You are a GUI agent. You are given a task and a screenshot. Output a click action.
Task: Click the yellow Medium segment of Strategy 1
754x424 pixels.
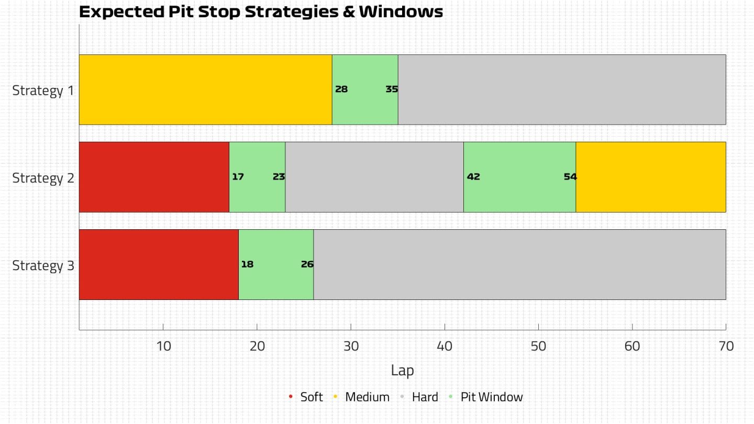pyautogui.click(x=205, y=90)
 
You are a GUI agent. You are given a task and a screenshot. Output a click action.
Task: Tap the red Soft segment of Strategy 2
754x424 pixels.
pyautogui.click(x=154, y=177)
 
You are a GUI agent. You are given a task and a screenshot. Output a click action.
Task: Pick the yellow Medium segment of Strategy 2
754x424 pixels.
pyautogui.click(x=651, y=177)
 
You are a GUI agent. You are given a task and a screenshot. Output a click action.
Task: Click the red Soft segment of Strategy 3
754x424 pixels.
pyautogui.click(x=159, y=264)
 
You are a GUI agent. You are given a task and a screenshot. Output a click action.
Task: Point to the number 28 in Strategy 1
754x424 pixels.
pyautogui.click(x=341, y=90)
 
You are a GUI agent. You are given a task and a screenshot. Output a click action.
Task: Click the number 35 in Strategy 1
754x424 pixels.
pyautogui.click(x=392, y=90)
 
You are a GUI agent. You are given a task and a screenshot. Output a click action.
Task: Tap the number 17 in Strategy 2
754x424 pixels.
pyautogui.click(x=238, y=177)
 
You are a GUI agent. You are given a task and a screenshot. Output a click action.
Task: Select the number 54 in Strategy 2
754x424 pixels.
pyautogui.click(x=570, y=177)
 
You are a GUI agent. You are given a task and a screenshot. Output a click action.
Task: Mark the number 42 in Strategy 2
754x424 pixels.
pyautogui.click(x=473, y=177)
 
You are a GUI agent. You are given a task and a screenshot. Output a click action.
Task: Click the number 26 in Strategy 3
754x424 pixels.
pyautogui.click(x=307, y=264)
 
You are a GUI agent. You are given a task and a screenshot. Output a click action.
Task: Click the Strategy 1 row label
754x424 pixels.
pyautogui.click(x=43, y=91)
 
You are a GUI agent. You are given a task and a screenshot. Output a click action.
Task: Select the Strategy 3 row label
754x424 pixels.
pyautogui.click(x=43, y=265)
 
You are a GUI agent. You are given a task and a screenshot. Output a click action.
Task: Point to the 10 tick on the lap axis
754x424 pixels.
pyautogui.click(x=163, y=346)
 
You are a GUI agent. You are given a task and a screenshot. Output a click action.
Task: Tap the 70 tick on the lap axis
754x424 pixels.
pyautogui.click(x=726, y=346)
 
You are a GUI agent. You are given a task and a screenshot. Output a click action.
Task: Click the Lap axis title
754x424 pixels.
pyautogui.click(x=402, y=371)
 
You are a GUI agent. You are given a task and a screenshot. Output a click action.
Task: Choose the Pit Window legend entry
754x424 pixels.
pyautogui.click(x=491, y=397)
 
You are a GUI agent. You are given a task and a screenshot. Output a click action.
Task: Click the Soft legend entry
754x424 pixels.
pyautogui.click(x=311, y=397)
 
